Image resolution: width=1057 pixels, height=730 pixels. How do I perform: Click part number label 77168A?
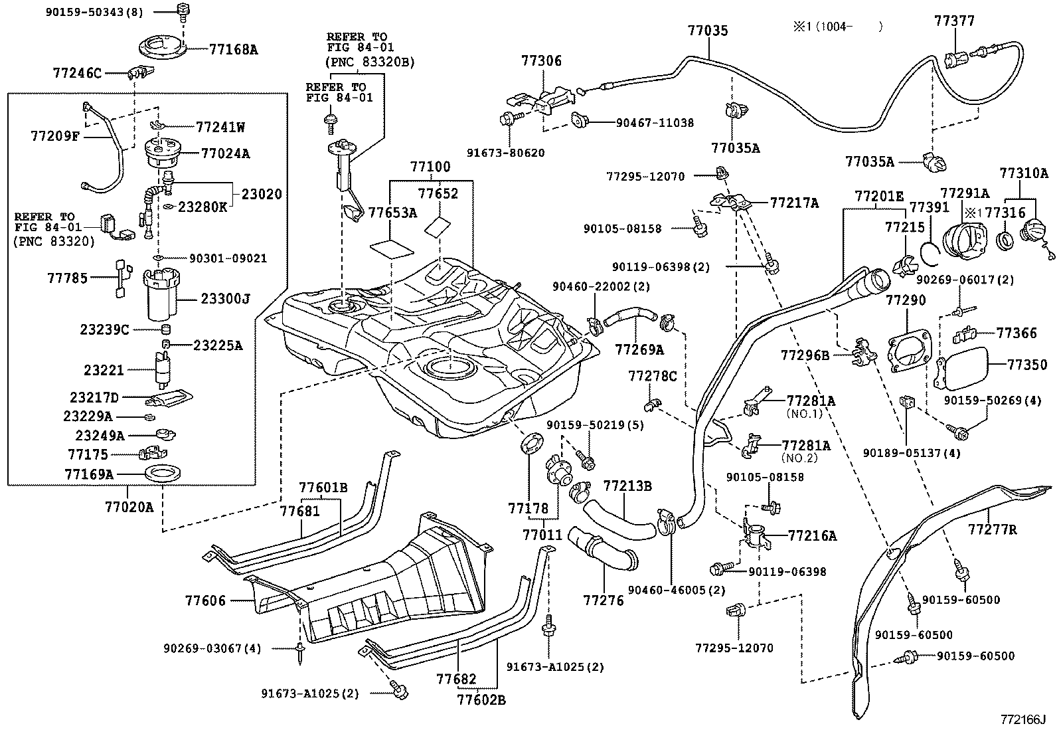233,49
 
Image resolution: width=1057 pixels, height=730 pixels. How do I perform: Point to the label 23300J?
226,299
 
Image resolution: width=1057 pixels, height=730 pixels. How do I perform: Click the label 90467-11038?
655,122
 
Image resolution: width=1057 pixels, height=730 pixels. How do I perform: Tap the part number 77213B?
627,487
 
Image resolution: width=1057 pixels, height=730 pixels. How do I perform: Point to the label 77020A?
129,507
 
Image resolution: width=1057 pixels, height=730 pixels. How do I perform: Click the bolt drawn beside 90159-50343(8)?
183,10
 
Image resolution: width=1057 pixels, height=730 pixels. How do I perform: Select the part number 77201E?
879,196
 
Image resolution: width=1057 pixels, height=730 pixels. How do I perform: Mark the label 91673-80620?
514,153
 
